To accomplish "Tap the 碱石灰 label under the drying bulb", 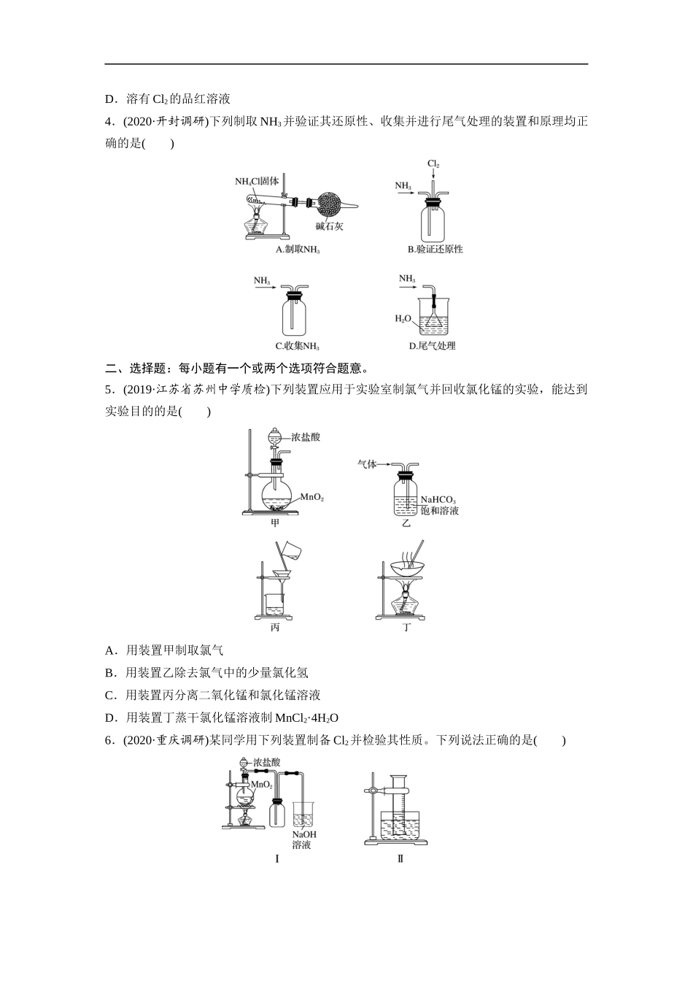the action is (x=329, y=226).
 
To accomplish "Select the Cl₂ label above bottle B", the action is (x=433, y=163).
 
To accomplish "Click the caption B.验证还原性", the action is (x=435, y=249).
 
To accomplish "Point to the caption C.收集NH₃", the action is (x=297, y=347).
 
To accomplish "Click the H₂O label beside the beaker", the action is (x=403, y=319).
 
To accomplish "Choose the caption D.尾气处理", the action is (x=432, y=346).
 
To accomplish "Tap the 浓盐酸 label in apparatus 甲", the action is (x=306, y=437).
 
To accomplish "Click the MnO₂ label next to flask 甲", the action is (x=311, y=497).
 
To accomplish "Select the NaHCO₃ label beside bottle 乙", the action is (x=438, y=500).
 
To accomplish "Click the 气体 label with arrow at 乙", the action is (x=367, y=464).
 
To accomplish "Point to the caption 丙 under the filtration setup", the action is (x=275, y=627).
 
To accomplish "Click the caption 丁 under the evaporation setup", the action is (x=407, y=627).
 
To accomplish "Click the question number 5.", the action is (x=109, y=389).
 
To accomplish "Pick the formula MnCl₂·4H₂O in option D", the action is (x=306, y=718).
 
